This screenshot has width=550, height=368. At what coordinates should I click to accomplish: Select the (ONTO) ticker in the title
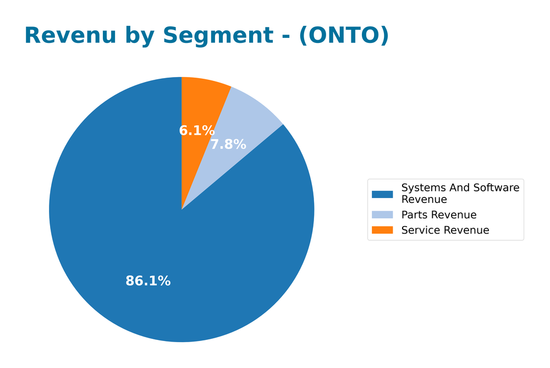[x=344, y=36]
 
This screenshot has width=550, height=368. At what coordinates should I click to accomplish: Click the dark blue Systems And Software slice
[x=137, y=231]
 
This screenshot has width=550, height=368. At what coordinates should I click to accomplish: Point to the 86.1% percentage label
[x=148, y=281]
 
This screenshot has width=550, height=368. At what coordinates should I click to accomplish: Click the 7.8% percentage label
[x=228, y=145]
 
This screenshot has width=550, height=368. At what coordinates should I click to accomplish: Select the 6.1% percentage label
[x=196, y=131]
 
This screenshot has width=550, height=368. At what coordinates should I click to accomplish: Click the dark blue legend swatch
[x=382, y=194]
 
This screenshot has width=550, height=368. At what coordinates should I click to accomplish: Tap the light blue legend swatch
[x=382, y=215]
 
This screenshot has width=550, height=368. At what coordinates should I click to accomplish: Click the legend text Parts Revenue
[x=439, y=215]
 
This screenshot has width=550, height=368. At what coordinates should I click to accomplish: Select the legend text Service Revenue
[x=445, y=230]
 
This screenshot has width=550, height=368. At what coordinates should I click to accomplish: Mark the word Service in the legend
[x=420, y=230]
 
